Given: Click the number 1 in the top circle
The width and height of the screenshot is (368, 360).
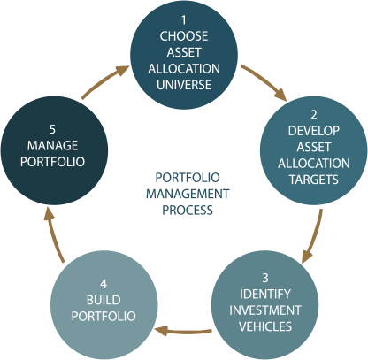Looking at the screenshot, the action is click(x=184, y=20).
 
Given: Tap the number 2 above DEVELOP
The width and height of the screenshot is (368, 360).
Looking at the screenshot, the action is click(x=314, y=115).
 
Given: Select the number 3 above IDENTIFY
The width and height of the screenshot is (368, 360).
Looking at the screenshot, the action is click(x=265, y=278).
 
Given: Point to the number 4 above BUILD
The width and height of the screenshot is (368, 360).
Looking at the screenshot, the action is click(x=103, y=284).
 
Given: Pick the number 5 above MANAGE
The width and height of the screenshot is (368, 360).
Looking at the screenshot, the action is click(x=52, y=129).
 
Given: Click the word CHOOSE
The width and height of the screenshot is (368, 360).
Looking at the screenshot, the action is click(x=184, y=36).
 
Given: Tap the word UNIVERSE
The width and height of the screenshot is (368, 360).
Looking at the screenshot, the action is click(x=184, y=85).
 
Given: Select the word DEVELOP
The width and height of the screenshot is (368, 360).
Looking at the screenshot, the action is click(x=314, y=131).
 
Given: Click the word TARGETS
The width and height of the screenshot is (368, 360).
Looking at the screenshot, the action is click(x=314, y=180).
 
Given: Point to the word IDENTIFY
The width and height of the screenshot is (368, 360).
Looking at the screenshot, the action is click(x=265, y=294).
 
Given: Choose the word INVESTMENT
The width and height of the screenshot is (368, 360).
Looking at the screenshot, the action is click(x=265, y=310).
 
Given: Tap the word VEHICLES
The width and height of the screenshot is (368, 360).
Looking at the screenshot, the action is click(x=265, y=326).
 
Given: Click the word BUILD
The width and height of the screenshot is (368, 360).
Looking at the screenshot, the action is click(x=103, y=300).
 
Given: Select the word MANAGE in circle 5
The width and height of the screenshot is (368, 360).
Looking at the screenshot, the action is click(x=52, y=145).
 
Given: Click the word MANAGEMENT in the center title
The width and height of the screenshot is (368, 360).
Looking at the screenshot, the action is click(x=188, y=194).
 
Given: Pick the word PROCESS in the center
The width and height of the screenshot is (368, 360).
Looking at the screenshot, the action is click(x=188, y=210).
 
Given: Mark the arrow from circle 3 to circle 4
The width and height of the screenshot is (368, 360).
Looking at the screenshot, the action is click(x=183, y=331).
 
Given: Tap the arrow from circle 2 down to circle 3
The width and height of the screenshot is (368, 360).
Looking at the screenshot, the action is click(x=314, y=237).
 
